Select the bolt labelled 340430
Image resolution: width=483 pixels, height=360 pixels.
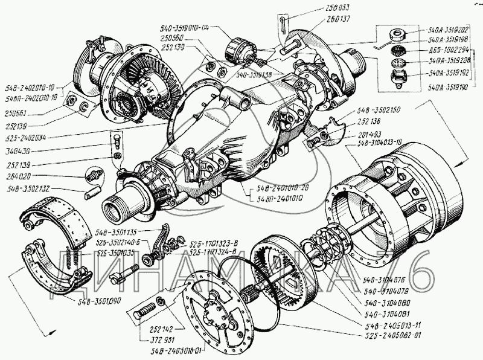[x=117, y=143]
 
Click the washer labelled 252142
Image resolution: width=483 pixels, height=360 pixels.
[x=160, y=301]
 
